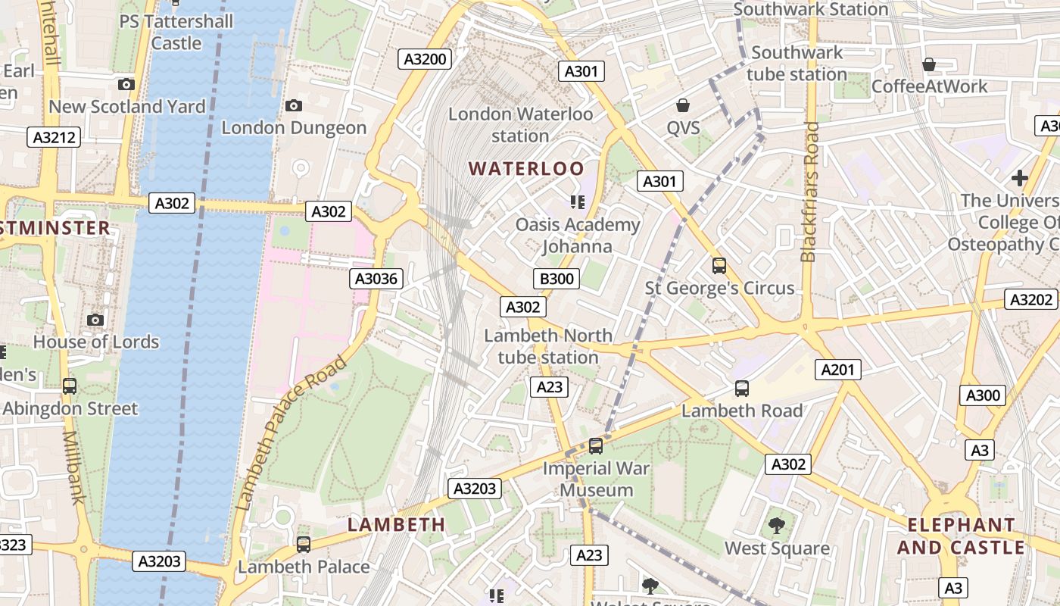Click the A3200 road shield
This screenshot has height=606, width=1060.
pos(425,59)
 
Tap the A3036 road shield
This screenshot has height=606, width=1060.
pos(376,279)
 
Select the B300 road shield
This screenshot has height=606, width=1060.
pos(556,279)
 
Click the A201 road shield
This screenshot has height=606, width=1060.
pos(837,370)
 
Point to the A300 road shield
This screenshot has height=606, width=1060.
pos(984,395)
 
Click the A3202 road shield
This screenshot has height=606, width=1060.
pos(1031,299)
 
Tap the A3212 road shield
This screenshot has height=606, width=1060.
pos(54,137)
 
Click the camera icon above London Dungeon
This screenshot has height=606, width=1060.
pos(294,106)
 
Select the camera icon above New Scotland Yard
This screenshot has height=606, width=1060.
pos(126,85)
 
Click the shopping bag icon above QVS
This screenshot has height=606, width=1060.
pos(683,105)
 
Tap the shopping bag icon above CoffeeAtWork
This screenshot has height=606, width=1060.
pos(929,64)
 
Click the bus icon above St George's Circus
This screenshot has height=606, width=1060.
pos(719,266)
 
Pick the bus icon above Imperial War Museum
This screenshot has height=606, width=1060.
pos(596,446)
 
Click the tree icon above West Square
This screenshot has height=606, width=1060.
pos(777,525)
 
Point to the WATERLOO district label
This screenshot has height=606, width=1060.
pos(527,168)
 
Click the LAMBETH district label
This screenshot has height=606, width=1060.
pos(396,524)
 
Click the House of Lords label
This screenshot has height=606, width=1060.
pos(96,342)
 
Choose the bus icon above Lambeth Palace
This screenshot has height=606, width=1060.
pos(304,544)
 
